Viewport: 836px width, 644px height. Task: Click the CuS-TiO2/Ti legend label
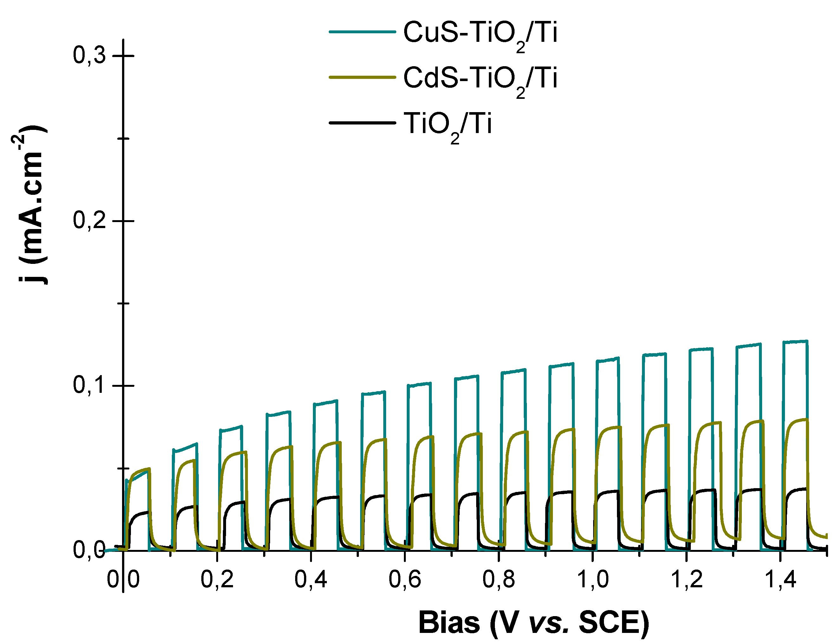(480, 34)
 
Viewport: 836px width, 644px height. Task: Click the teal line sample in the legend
(362, 32)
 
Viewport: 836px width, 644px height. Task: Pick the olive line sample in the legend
(362, 77)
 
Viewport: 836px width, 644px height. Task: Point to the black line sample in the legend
(362, 123)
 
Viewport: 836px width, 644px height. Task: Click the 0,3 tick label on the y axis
(89, 56)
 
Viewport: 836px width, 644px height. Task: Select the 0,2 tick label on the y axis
(89, 221)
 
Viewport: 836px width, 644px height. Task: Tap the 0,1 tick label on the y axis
(89, 386)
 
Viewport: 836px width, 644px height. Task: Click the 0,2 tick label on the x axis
(217, 579)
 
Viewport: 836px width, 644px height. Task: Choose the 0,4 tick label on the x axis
(311, 579)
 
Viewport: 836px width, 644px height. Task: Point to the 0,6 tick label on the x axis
(405, 579)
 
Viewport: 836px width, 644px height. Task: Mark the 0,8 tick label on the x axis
(499, 579)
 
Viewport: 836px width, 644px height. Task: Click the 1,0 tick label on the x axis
(593, 579)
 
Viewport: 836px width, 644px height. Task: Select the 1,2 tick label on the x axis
(687, 579)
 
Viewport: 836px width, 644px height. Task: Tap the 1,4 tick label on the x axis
(781, 579)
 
